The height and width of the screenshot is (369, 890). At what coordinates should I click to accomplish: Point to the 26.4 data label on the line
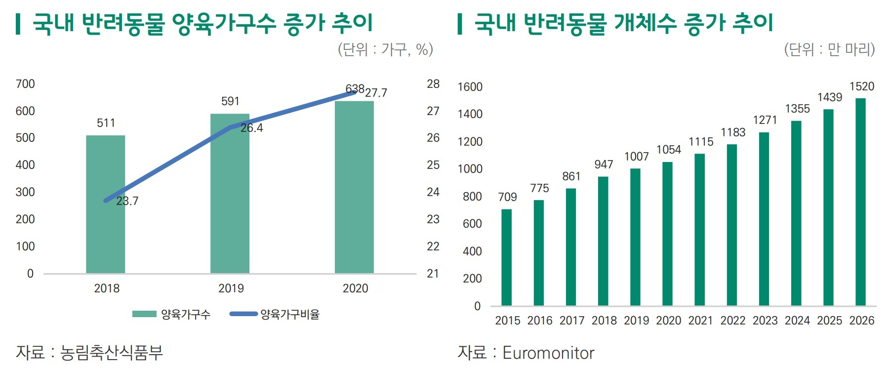point(252,128)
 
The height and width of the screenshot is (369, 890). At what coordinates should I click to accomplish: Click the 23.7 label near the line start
point(127,201)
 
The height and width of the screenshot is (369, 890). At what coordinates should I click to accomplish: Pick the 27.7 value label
point(376,93)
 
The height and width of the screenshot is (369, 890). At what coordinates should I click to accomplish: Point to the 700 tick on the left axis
point(25,84)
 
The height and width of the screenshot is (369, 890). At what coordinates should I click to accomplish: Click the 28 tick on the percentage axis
point(433,84)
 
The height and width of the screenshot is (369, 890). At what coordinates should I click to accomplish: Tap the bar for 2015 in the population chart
point(506,257)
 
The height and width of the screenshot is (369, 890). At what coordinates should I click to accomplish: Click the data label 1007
point(636,157)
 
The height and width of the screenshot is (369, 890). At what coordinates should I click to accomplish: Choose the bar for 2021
point(699,230)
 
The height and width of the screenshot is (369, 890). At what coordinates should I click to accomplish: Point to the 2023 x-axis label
point(765,321)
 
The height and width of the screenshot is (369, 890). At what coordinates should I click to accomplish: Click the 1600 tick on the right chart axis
point(470,87)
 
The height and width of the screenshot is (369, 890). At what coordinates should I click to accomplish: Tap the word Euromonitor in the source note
point(548,353)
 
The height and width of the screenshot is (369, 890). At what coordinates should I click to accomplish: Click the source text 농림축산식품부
point(112,352)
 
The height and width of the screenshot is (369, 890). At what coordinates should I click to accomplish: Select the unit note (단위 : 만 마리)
point(829,49)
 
